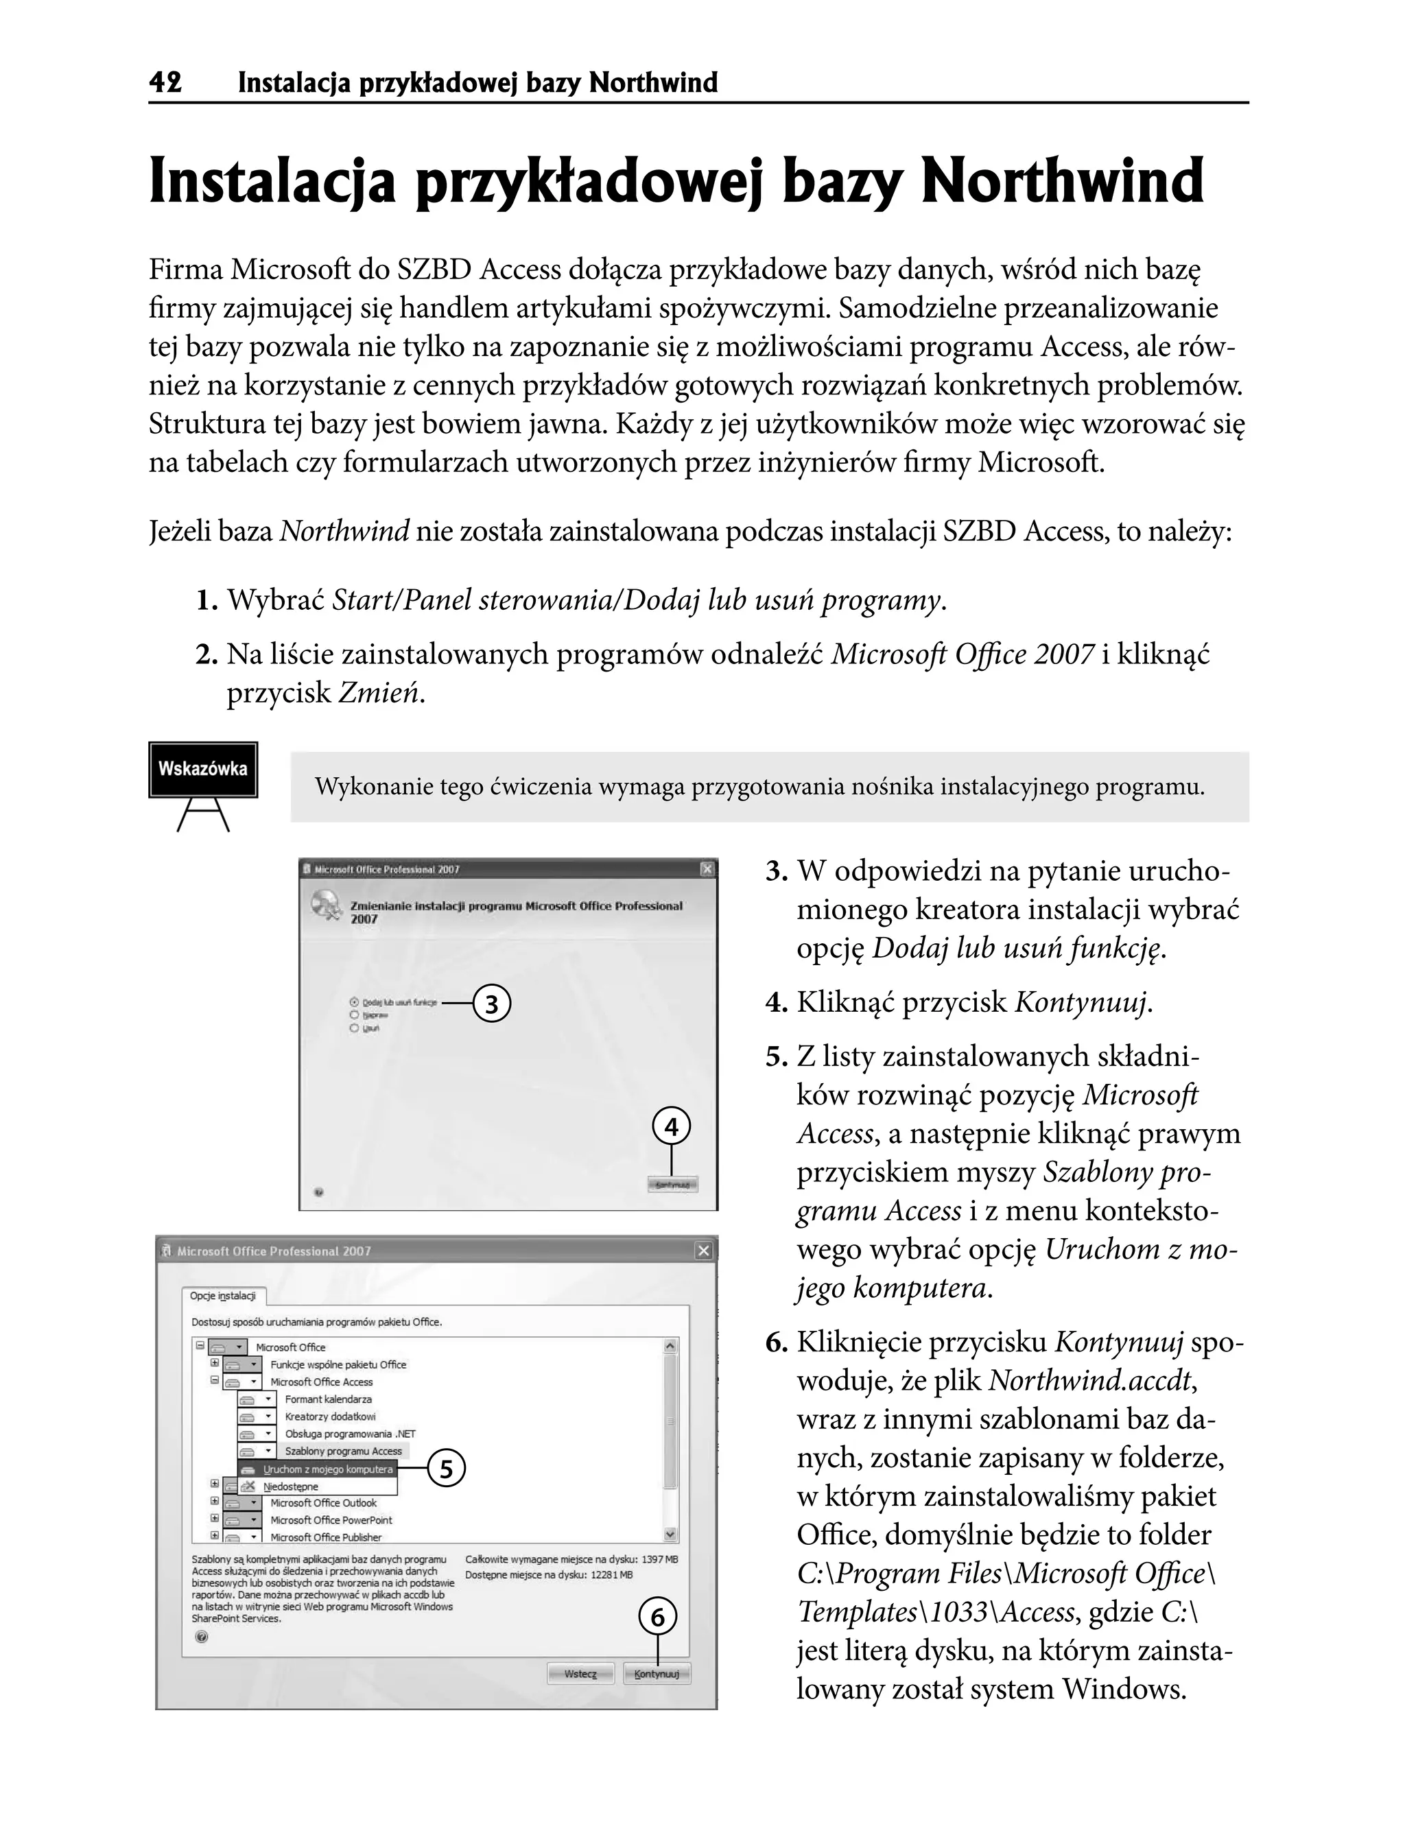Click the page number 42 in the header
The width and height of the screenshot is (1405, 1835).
point(165,83)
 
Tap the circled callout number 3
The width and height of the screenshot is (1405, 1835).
point(492,1004)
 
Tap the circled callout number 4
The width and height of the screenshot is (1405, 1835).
point(672,1128)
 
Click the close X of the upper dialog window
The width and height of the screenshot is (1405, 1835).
point(707,870)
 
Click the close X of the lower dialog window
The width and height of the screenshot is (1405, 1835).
point(704,1251)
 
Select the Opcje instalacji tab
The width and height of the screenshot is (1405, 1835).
point(222,1296)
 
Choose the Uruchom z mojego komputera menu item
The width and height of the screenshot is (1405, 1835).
point(327,1469)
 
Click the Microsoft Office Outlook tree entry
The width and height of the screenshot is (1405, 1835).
point(323,1503)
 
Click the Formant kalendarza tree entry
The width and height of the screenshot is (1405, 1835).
point(328,1399)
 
